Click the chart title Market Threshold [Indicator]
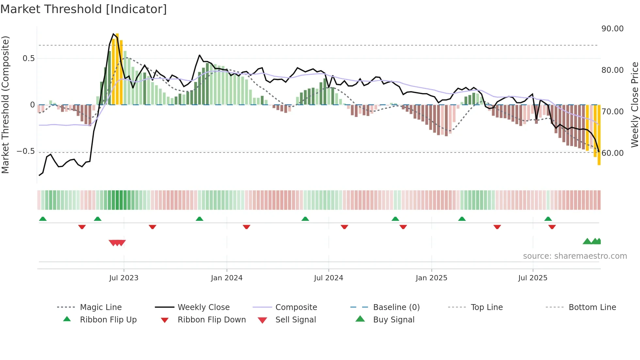84,9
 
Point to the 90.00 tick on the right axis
612,29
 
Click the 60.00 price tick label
612,153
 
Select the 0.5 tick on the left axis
28,58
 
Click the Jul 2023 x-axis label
124,278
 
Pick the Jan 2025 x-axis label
431,278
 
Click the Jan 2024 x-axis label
227,278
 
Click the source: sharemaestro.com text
575,256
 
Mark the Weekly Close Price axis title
634,105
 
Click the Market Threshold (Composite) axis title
5,105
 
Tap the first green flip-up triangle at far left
43,219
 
